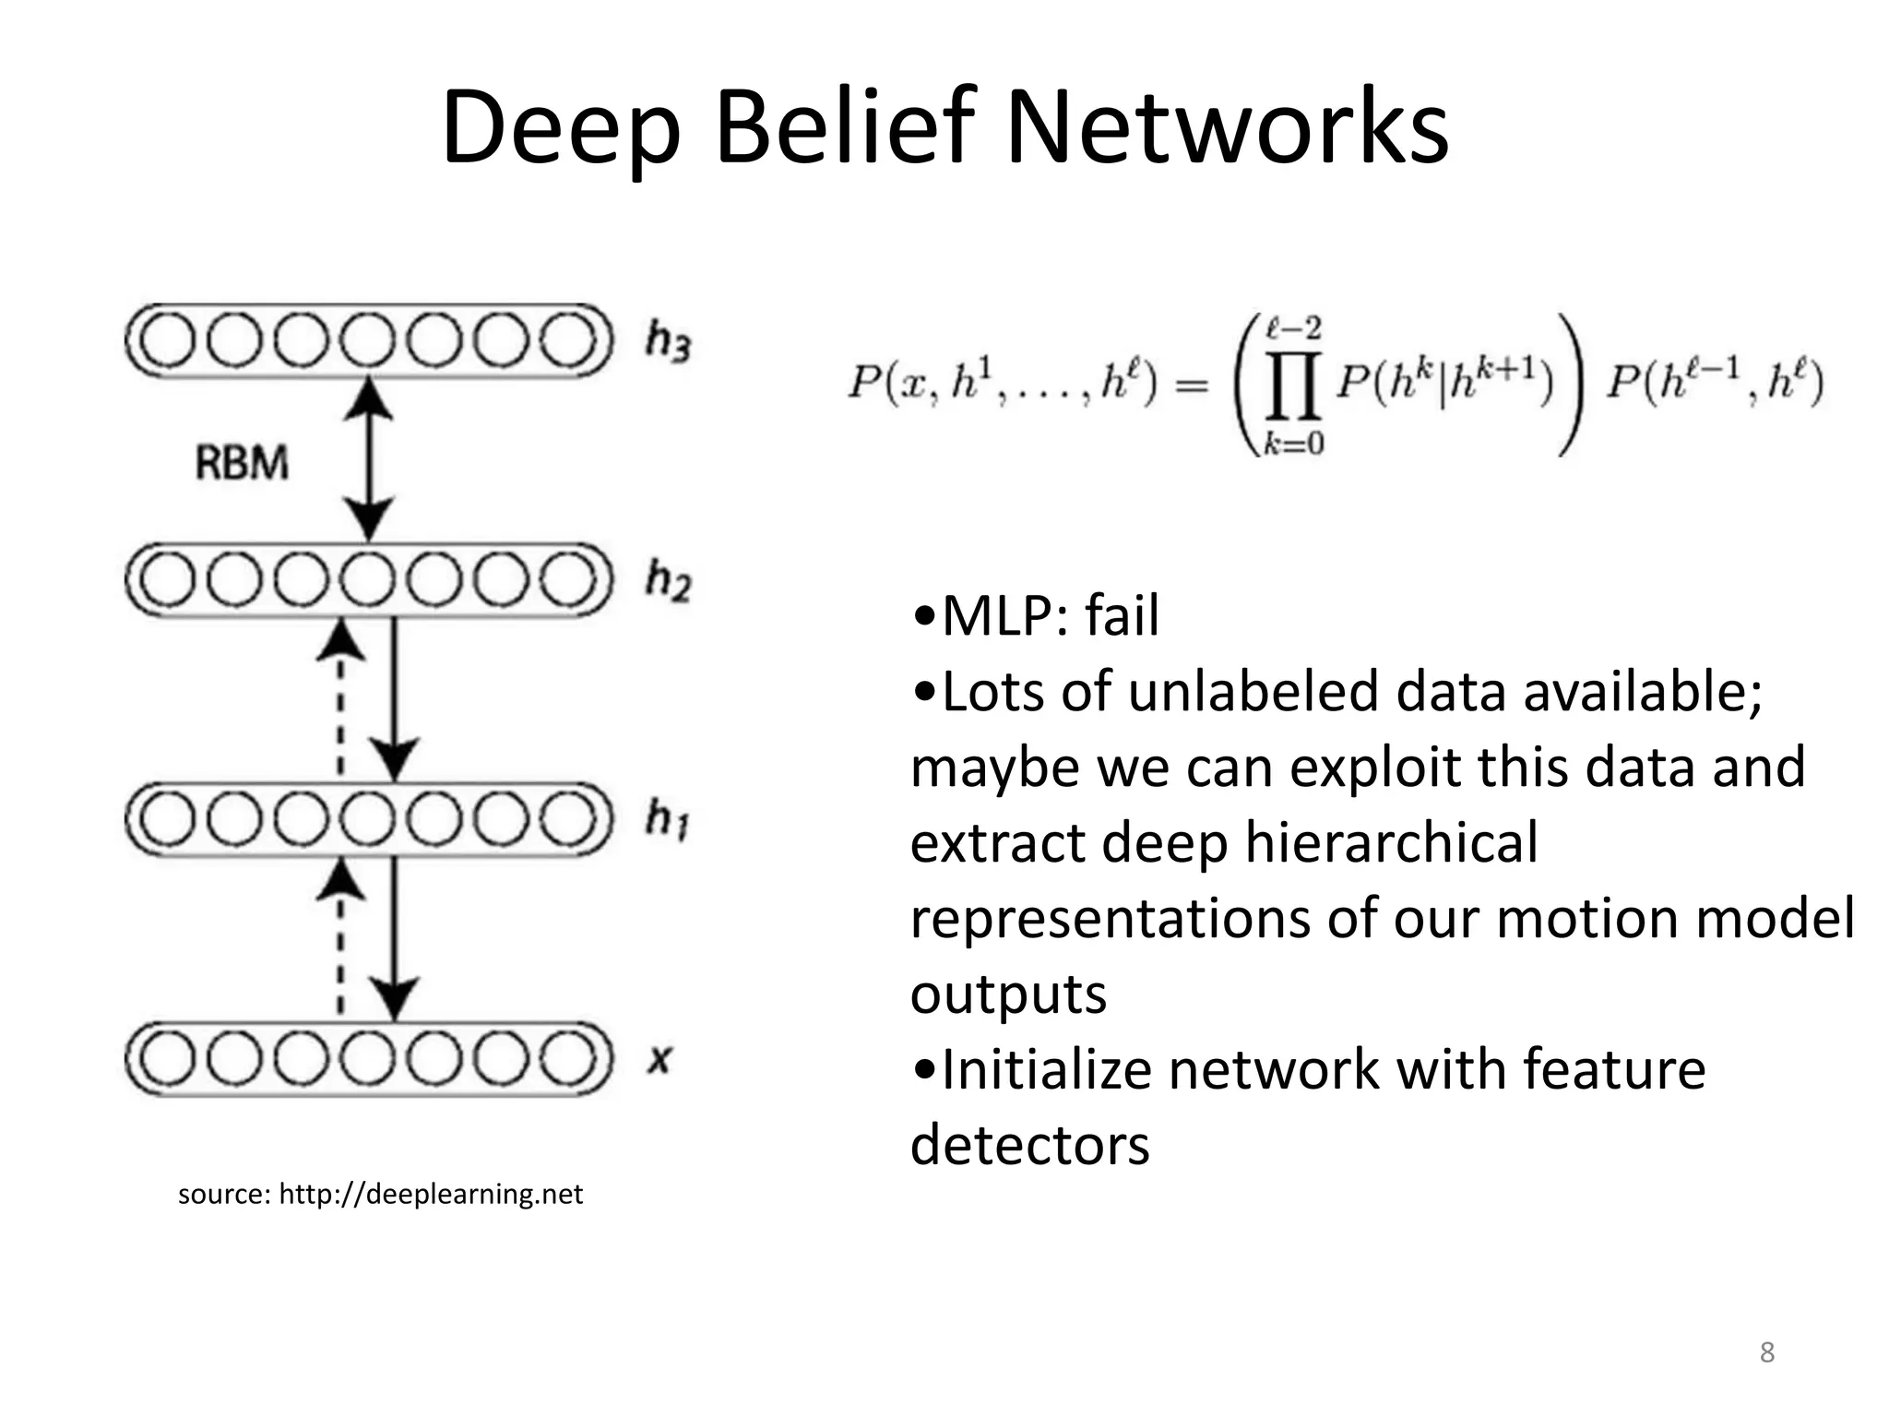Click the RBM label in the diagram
coord(242,462)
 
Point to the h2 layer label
coord(668,580)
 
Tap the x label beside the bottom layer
coord(658,1059)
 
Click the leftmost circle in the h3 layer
coord(169,340)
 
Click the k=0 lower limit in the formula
coord(1293,445)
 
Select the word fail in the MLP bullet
coord(1121,615)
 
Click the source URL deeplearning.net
coord(431,1195)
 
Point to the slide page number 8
coord(1766,1352)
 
